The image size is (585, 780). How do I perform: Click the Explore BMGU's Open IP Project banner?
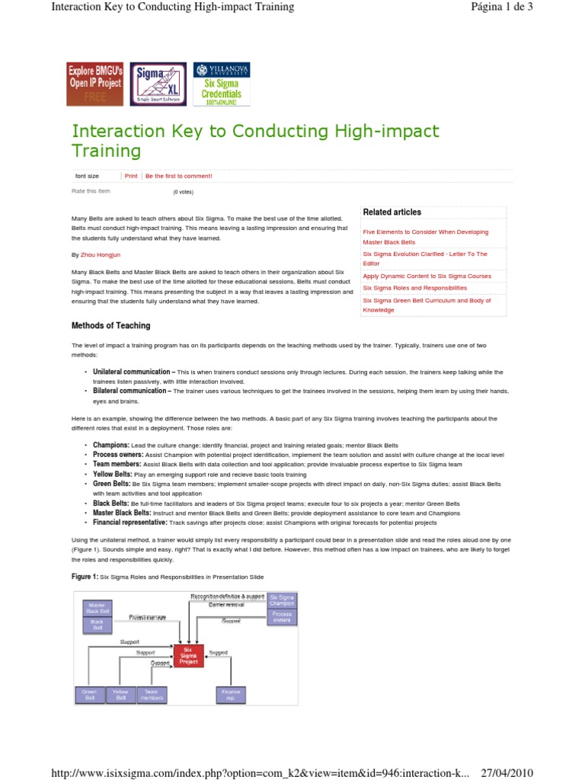click(x=95, y=83)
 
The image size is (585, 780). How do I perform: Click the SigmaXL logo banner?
click(x=158, y=83)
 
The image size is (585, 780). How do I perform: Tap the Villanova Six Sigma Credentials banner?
click(x=221, y=83)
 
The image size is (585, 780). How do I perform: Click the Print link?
click(x=131, y=176)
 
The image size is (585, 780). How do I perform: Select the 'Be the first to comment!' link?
click(x=178, y=176)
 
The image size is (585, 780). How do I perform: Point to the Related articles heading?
click(x=392, y=212)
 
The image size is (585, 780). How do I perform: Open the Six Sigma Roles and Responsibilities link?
click(x=415, y=288)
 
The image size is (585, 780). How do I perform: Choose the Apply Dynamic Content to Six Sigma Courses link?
click(x=427, y=276)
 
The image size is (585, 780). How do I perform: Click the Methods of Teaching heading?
click(x=110, y=325)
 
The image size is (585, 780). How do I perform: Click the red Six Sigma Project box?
click(x=188, y=654)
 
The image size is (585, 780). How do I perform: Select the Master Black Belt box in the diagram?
click(x=97, y=607)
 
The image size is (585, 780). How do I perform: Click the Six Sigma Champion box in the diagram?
click(x=282, y=599)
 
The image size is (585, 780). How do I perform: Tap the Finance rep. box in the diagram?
click(x=230, y=694)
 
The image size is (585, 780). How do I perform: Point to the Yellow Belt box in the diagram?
click(x=121, y=694)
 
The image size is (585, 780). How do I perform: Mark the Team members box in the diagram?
click(x=152, y=694)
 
